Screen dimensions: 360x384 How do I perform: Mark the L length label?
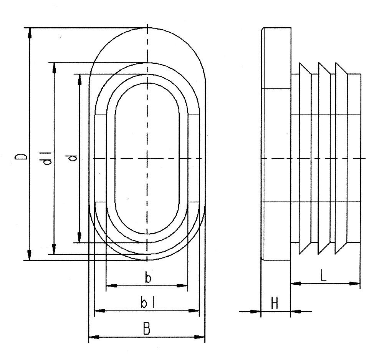323,276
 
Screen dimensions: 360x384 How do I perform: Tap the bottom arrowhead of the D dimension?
29,255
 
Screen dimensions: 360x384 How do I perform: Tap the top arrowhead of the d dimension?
79,79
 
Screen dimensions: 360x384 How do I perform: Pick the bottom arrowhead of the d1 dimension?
54,248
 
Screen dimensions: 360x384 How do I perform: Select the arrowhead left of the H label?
255,311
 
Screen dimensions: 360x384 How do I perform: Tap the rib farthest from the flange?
341,158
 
